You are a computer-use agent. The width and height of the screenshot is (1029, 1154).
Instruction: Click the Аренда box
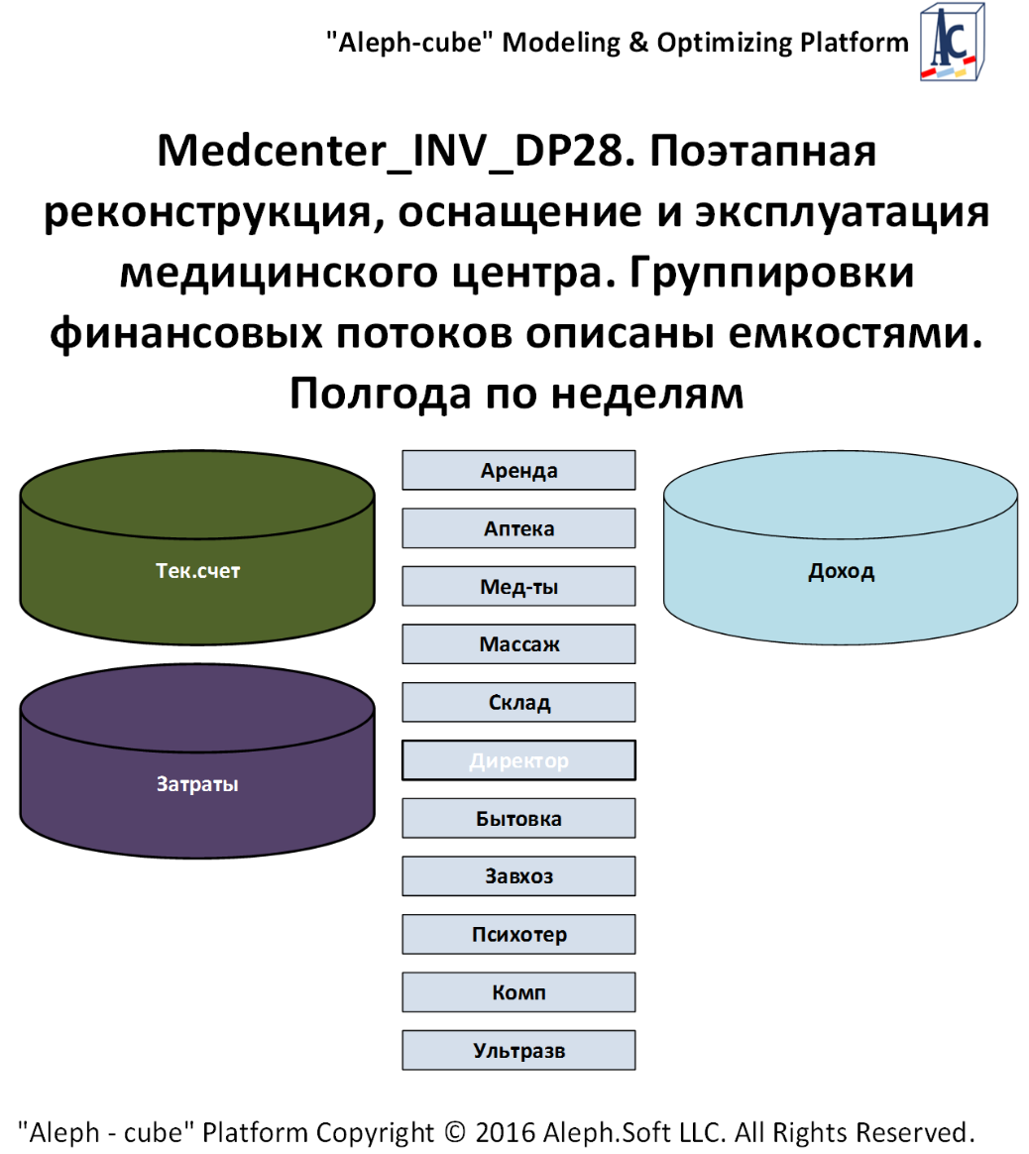pos(518,470)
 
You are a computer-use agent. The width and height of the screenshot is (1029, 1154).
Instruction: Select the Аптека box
pos(518,528)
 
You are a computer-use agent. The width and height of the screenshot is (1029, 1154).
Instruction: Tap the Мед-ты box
pos(518,586)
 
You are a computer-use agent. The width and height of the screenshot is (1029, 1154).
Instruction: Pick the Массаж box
pos(518,644)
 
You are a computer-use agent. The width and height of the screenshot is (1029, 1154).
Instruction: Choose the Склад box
pos(518,702)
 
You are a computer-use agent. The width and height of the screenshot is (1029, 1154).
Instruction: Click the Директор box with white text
pos(518,760)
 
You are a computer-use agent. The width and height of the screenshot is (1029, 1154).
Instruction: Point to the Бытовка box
pos(518,818)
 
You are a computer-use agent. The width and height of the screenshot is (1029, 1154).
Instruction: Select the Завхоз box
pos(518,876)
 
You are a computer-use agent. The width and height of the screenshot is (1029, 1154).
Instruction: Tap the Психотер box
pos(518,934)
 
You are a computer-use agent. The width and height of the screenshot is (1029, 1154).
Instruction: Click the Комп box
pos(518,992)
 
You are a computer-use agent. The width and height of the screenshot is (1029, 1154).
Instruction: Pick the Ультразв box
pos(518,1050)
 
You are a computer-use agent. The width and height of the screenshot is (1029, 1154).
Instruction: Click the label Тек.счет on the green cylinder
pos(197,571)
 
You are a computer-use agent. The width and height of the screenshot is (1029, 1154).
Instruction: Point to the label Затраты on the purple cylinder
pos(197,784)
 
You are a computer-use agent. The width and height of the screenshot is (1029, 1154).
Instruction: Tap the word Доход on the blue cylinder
pos(841,571)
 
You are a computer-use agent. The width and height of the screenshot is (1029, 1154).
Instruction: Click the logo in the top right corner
pos(952,42)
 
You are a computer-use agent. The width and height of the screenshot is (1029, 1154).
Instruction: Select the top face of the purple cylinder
pos(197,708)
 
